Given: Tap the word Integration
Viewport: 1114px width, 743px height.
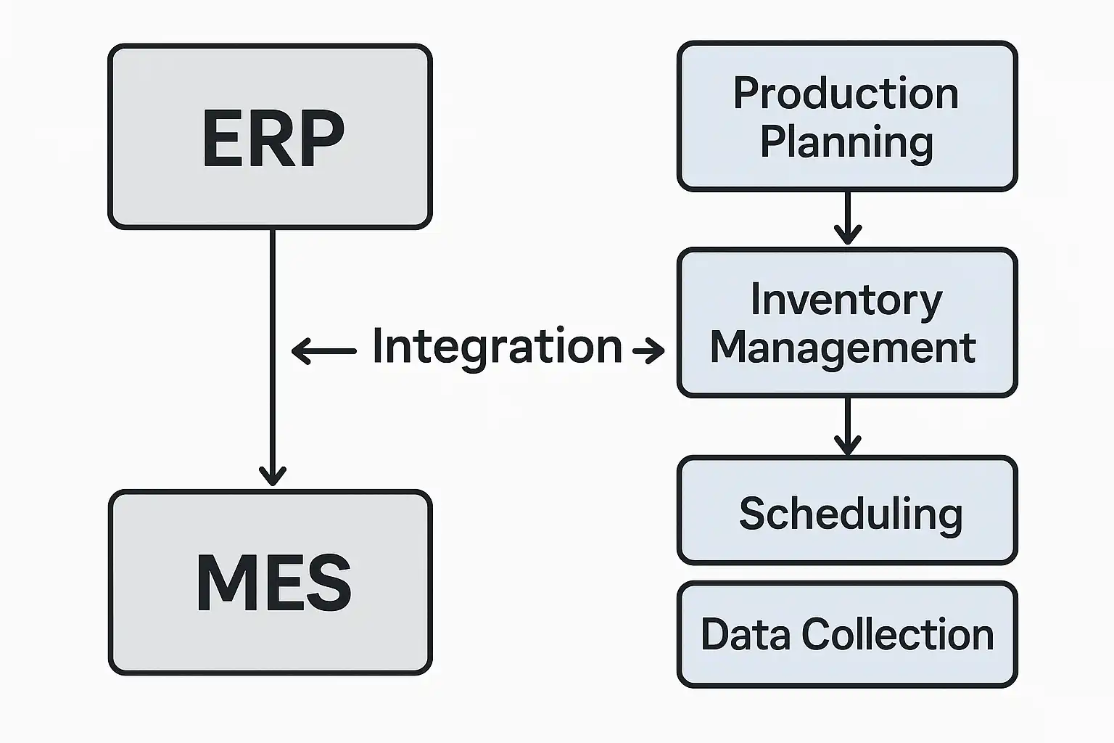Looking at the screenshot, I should (x=497, y=346).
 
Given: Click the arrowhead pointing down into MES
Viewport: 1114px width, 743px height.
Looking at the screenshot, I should (x=273, y=475).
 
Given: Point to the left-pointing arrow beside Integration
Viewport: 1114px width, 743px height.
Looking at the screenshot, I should (x=323, y=351).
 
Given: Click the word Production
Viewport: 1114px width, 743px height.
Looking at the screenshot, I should (x=846, y=94).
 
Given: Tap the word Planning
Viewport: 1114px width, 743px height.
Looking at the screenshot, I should (x=846, y=142).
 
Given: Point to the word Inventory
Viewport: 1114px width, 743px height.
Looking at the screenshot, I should (x=846, y=300).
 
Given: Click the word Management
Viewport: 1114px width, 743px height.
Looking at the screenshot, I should (x=843, y=348).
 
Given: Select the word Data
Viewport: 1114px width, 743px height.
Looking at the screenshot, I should (x=745, y=634).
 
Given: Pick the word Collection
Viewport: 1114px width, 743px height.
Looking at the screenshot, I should (x=898, y=634).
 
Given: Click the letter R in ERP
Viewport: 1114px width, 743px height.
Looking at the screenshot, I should (x=273, y=139).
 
